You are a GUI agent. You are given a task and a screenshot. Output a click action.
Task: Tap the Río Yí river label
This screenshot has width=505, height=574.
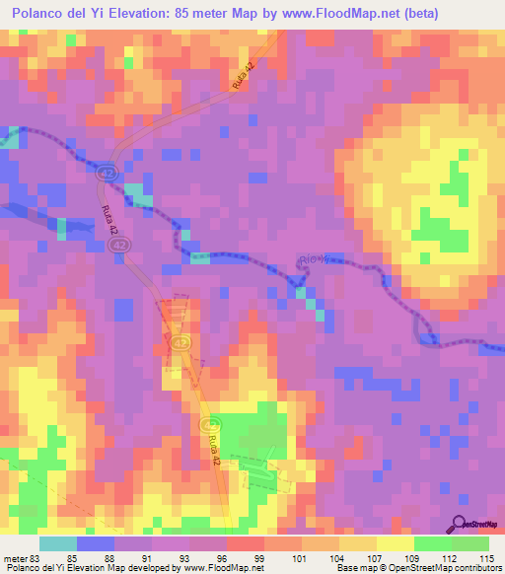pyautogui.click(x=311, y=262)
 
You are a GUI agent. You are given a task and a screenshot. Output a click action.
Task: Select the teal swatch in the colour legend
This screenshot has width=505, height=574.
pyautogui.click(x=58, y=543)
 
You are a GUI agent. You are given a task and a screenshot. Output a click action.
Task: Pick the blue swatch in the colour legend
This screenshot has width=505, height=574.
pyautogui.click(x=96, y=543)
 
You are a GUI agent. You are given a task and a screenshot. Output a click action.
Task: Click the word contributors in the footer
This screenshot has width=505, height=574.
pyautogui.click(x=472, y=568)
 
